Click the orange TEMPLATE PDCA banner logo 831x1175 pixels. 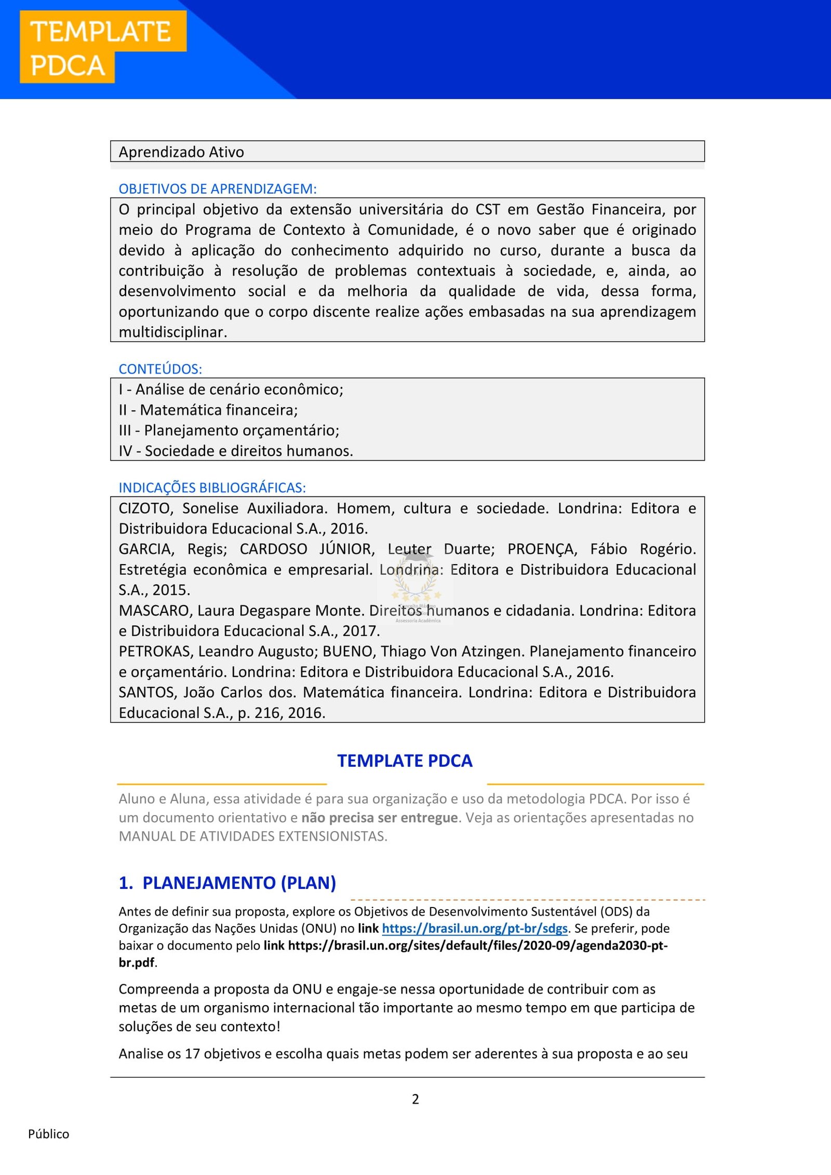point(102,47)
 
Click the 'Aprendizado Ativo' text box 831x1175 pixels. point(407,152)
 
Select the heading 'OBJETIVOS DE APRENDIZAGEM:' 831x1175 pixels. point(217,189)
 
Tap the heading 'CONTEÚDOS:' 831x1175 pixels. point(160,369)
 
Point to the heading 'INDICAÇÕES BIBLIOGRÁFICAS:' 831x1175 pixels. point(212,488)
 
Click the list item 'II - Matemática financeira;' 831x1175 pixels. point(208,410)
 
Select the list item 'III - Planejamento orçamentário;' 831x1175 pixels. point(229,430)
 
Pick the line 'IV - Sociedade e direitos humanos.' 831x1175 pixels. point(235,451)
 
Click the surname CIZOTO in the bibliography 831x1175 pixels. point(144,508)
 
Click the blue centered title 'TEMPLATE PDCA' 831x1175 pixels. point(405,761)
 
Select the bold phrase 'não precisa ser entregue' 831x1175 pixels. point(379,818)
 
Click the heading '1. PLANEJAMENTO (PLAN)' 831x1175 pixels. point(227,883)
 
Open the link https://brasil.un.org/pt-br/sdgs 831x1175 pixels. point(475,928)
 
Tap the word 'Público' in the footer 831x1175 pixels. point(48,1134)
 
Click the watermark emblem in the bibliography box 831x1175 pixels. point(415,584)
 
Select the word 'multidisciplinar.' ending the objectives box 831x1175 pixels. point(172,332)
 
